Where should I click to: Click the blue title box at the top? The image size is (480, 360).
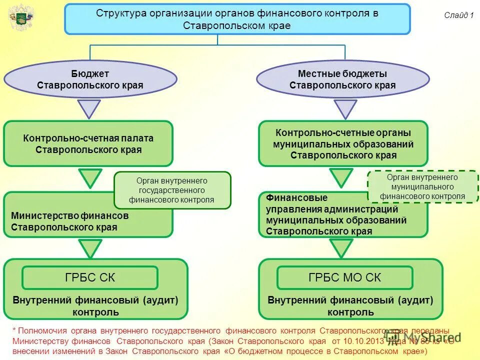[x=237, y=19]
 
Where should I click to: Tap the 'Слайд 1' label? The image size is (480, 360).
[x=458, y=15]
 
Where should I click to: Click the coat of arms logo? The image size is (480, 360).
[x=21, y=18]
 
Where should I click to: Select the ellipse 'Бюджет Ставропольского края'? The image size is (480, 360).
[x=90, y=79]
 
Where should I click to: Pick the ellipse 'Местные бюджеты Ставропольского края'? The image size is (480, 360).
[x=343, y=79]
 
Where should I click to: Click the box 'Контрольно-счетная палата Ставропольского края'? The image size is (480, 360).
[x=88, y=143]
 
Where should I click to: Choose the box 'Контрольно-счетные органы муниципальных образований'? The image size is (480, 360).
[x=343, y=143]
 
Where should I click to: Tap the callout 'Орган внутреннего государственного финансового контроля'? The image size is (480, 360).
[x=172, y=190]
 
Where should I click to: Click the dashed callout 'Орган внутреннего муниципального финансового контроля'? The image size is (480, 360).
[x=422, y=186]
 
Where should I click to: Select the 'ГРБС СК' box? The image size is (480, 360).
[x=90, y=277]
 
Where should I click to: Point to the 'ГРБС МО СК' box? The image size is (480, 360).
[x=345, y=277]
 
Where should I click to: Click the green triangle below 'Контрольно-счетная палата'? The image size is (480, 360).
[x=90, y=177]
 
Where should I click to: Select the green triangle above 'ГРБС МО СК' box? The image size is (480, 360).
[x=341, y=247]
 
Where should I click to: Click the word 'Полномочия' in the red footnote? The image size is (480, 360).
[x=39, y=331]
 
